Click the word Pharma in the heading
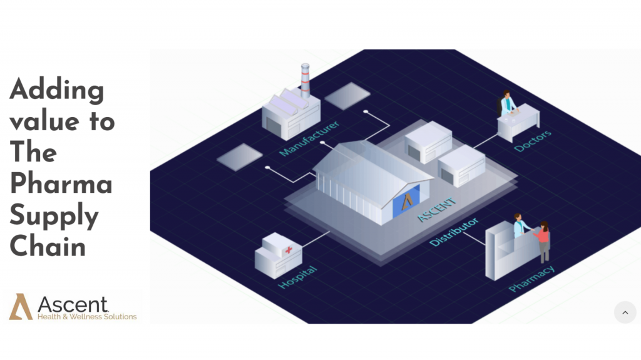[61, 184]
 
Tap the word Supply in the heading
[54, 215]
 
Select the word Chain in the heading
[47, 245]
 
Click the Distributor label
[454, 232]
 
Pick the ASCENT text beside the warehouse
[436, 210]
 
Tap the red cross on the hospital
[289, 250]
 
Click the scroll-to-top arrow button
[625, 312]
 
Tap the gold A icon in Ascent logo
[21, 306]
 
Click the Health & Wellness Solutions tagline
[87, 317]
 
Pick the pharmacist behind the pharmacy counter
[520, 225]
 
